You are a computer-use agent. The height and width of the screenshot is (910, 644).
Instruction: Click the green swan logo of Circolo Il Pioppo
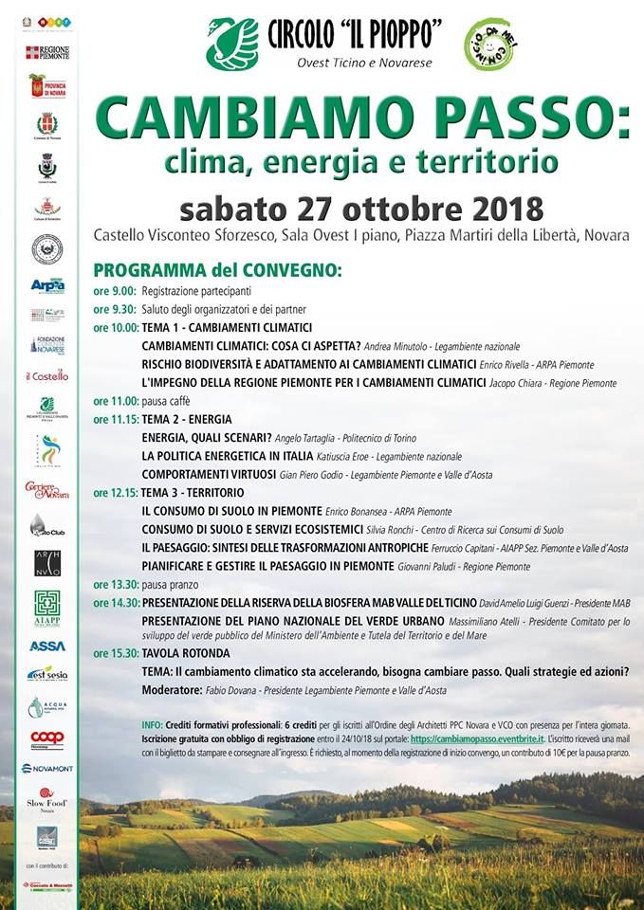coord(232,44)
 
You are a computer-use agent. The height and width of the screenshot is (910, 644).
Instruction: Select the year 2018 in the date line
coord(500,207)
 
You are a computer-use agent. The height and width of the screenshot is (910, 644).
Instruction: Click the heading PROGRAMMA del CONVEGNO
coord(217,270)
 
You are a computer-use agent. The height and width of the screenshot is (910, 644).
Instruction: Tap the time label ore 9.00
coord(115,291)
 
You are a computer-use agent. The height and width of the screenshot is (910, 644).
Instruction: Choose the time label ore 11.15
coord(117,419)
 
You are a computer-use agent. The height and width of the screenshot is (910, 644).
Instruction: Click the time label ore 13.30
coord(117,584)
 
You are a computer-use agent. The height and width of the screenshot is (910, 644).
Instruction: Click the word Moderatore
coord(175,690)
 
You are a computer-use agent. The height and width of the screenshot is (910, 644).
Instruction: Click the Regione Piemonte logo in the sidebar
coord(46,53)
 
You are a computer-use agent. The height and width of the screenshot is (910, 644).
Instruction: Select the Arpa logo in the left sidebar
coord(46,285)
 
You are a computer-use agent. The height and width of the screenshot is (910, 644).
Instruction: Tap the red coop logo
coord(46,737)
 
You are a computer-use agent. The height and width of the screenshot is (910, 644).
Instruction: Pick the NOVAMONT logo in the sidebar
coord(46,768)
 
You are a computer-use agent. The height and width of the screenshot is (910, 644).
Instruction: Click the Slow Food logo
coord(46,798)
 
